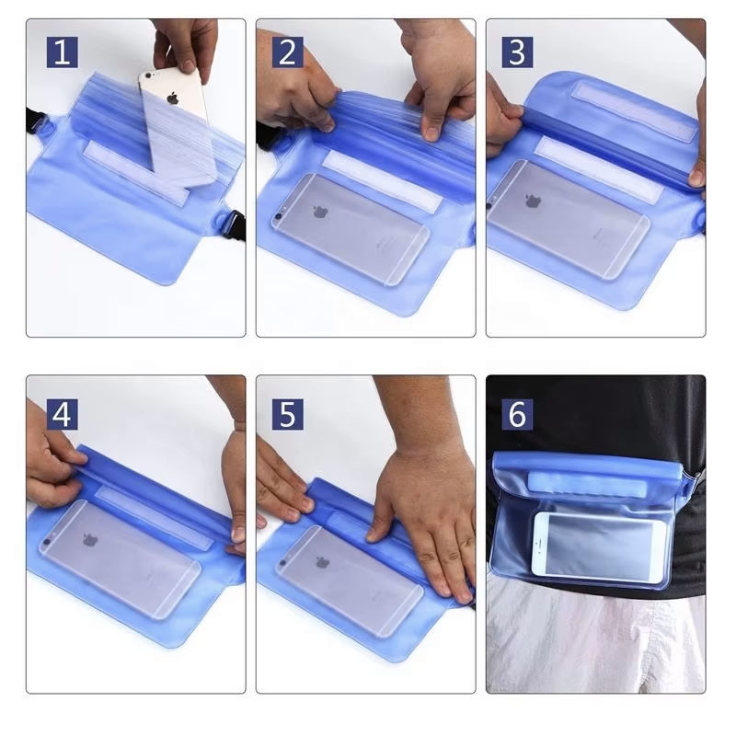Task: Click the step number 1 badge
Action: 63,52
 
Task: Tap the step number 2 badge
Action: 288,52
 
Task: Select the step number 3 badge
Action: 517,52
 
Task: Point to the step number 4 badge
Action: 63,415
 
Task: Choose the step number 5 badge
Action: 288,415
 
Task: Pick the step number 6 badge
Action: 517,415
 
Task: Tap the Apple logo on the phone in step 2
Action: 320,212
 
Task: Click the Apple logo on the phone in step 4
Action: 90,539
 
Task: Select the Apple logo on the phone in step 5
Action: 323,562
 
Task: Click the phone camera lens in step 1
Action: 149,75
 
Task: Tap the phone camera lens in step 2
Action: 279,217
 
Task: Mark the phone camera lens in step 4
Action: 47,543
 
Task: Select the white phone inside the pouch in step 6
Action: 600,544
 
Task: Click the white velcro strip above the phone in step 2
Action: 382,181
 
